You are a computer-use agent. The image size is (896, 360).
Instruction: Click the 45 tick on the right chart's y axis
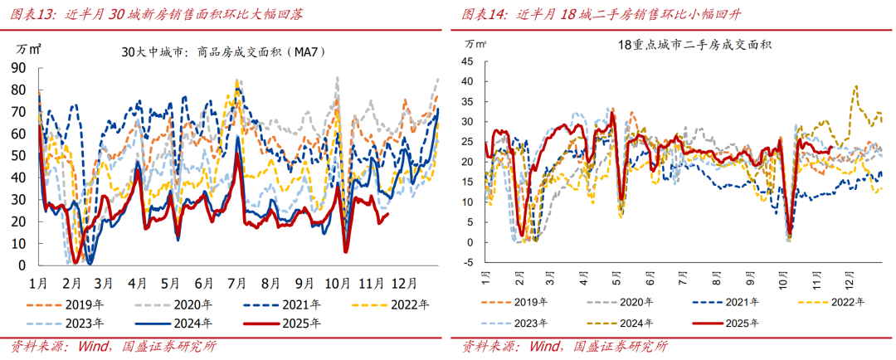[x=467, y=61]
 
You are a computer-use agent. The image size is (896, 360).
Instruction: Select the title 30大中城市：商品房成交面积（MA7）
[x=222, y=52]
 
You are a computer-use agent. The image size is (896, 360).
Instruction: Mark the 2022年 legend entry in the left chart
[x=412, y=303]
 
